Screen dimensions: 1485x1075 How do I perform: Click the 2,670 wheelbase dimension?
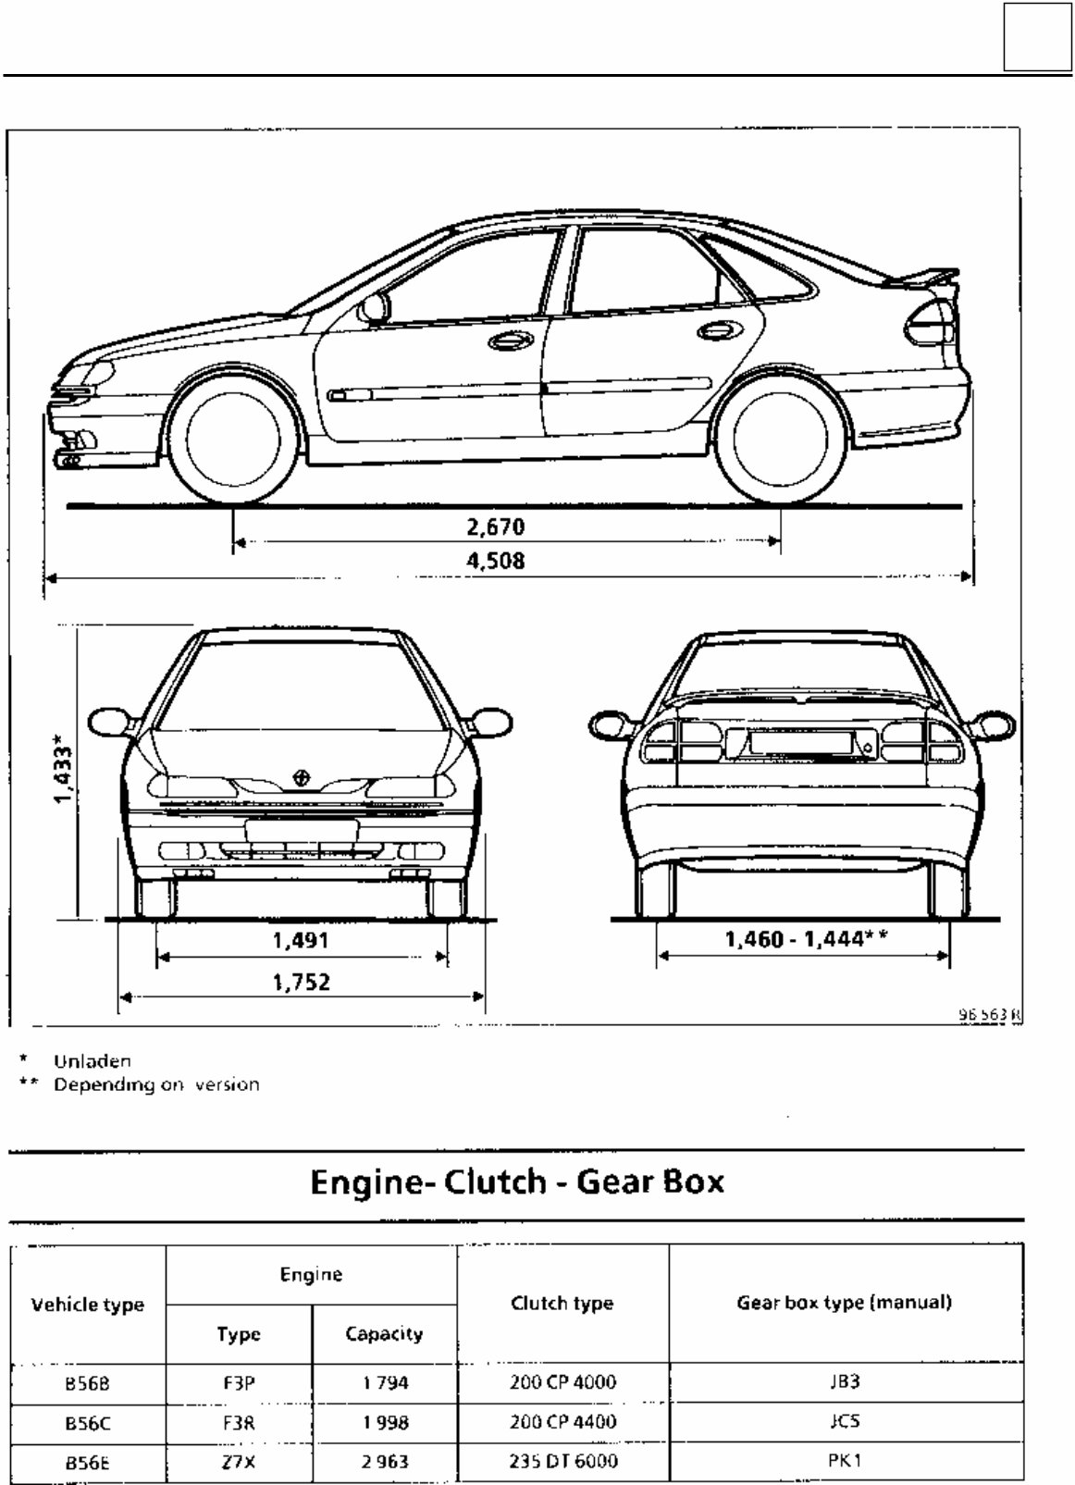coord(494,527)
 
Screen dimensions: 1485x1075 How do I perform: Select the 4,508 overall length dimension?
coord(494,561)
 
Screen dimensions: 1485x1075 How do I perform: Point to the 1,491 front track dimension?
coord(301,941)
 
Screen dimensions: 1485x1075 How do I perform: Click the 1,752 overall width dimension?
coord(301,982)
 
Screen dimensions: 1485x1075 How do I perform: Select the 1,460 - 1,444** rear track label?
coord(806,940)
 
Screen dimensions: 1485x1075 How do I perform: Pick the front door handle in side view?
coord(506,342)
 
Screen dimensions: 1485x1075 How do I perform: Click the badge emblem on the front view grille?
coord(301,778)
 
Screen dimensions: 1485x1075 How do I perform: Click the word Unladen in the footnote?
coord(93,1061)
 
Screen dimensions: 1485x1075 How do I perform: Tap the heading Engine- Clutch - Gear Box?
coord(517,1182)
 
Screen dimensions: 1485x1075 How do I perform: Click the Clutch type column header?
coord(562,1304)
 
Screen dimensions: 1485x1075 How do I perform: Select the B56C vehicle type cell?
coord(88,1422)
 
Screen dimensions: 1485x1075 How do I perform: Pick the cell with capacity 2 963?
coord(384,1463)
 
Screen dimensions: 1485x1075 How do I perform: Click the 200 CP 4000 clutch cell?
coord(562,1382)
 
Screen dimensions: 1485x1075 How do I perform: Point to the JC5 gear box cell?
coord(845,1422)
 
